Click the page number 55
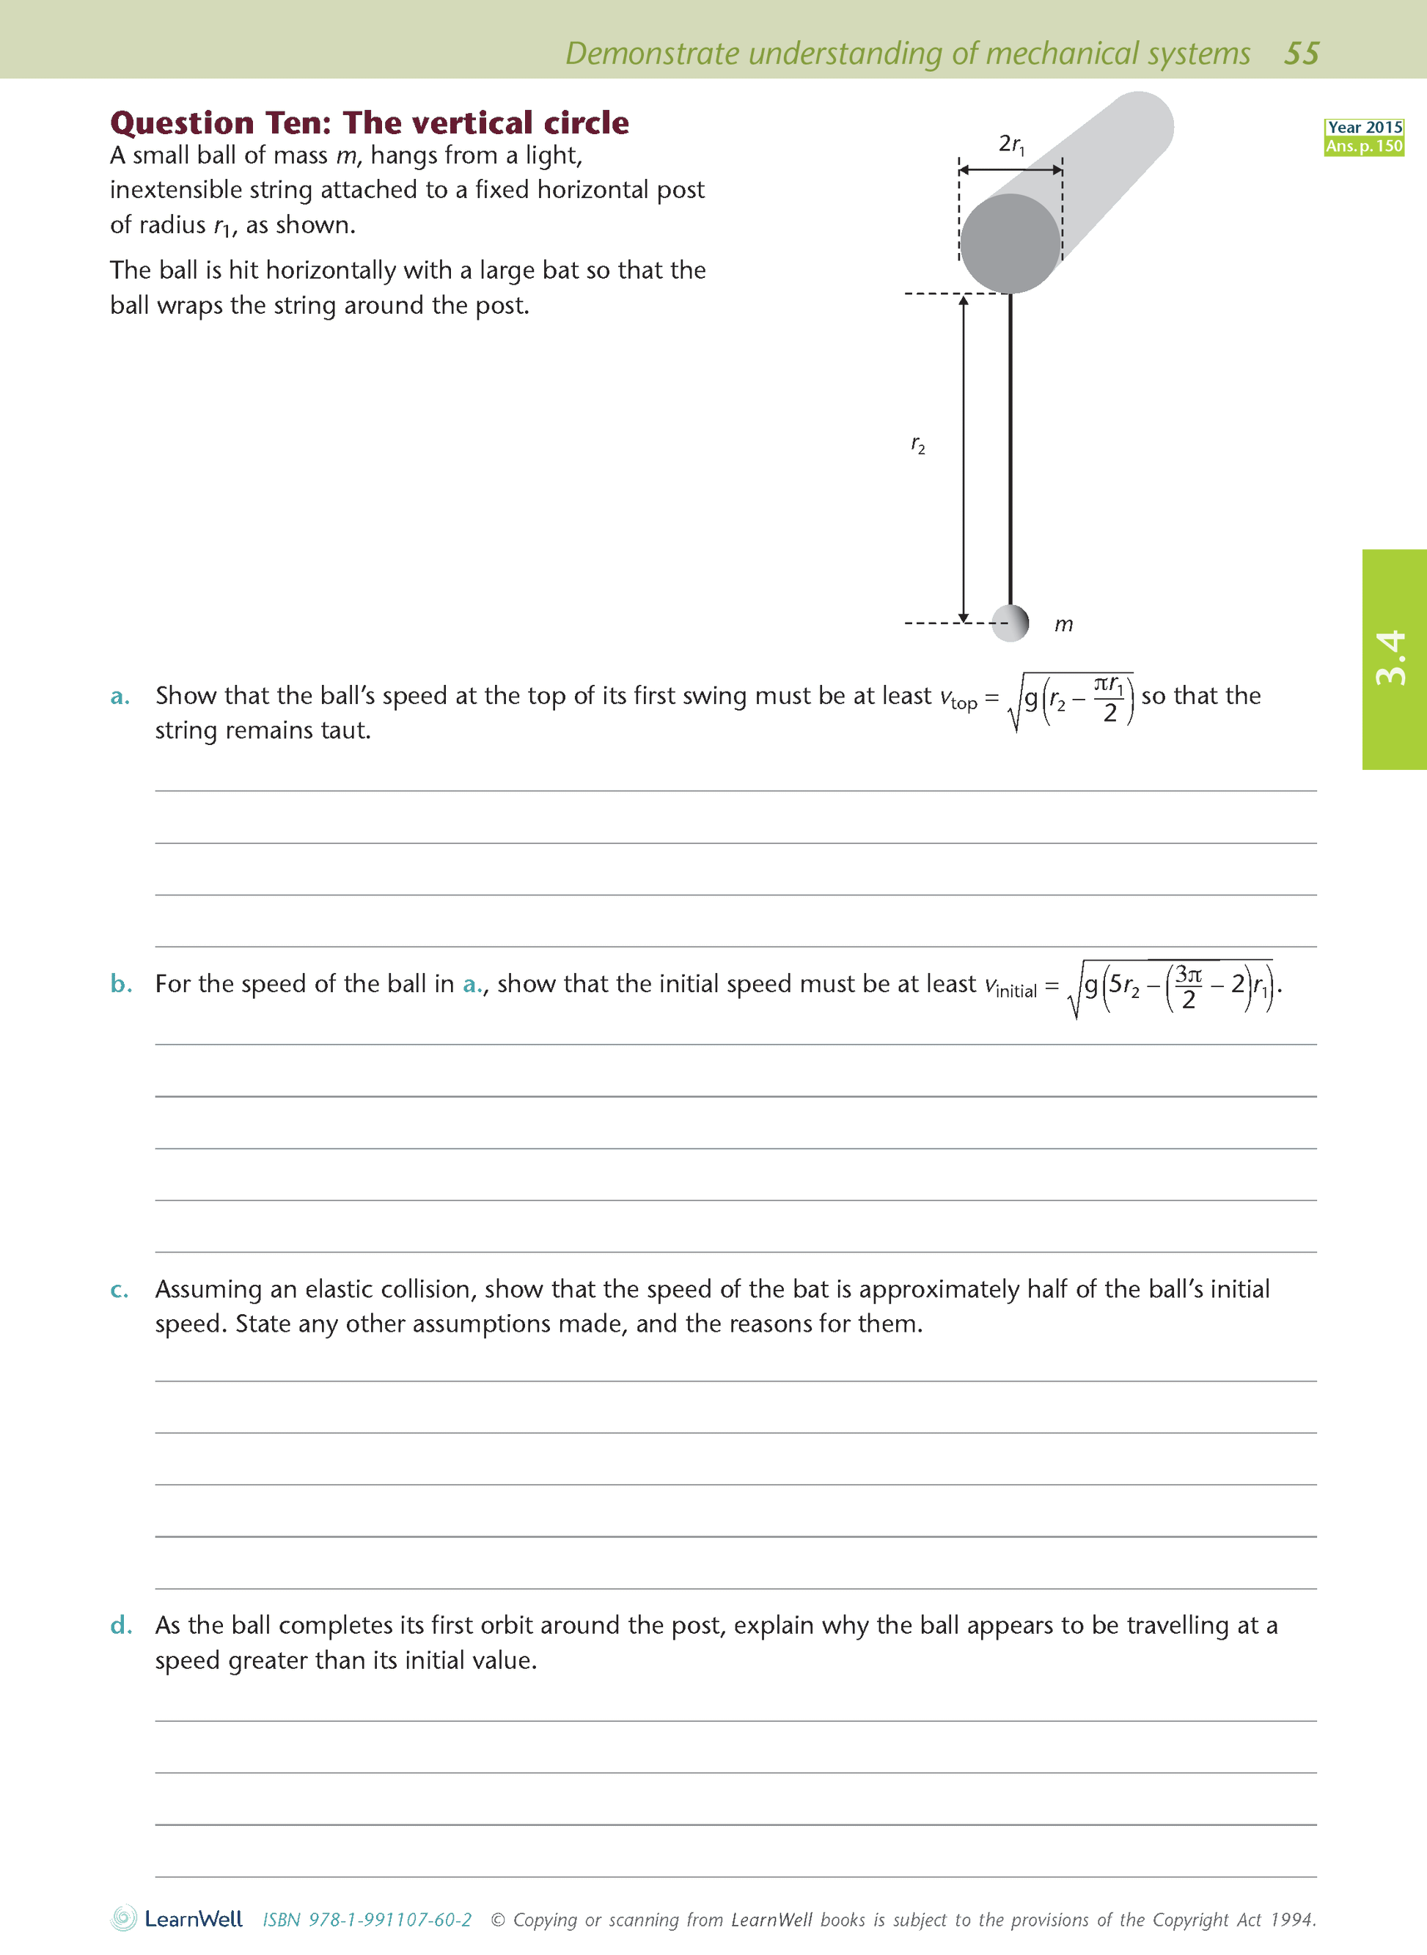pos(1301,54)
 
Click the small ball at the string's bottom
pos(1010,622)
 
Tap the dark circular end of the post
pos(1010,243)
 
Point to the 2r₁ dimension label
pos(1011,144)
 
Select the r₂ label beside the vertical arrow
pos(917,445)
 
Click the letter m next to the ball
pos(1063,624)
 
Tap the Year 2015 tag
pos(1365,127)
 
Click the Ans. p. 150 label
pos(1365,146)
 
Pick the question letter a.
pos(120,697)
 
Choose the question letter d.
pos(121,1626)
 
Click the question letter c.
pos(120,1290)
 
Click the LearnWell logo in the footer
pos(177,1919)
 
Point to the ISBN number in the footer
pos(367,1920)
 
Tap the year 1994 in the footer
pos(1293,1920)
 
